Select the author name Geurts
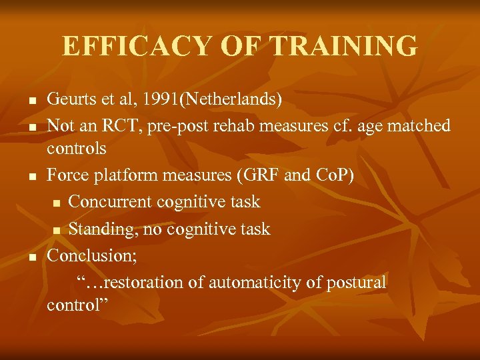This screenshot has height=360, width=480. click(x=69, y=100)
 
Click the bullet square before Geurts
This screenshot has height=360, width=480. click(x=32, y=101)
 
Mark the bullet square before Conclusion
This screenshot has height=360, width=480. click(x=32, y=256)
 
